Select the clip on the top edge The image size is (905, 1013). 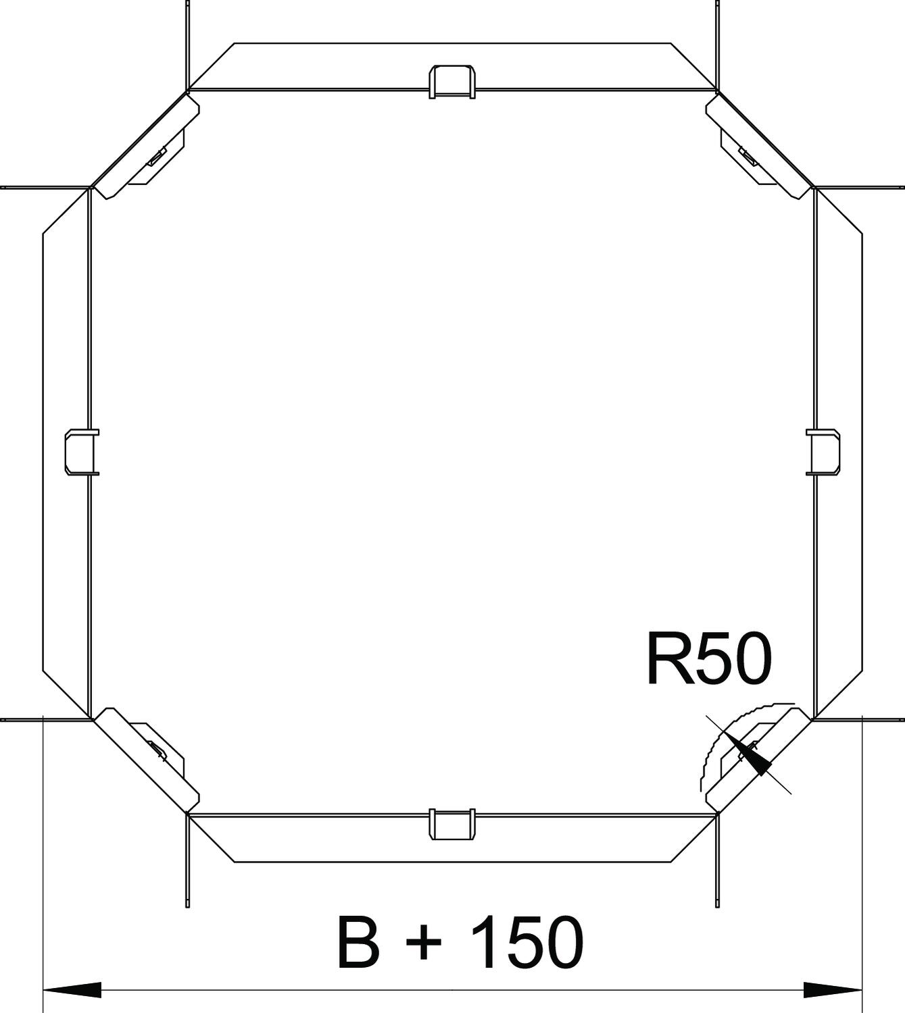coord(452,82)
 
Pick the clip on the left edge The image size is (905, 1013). coord(82,452)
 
